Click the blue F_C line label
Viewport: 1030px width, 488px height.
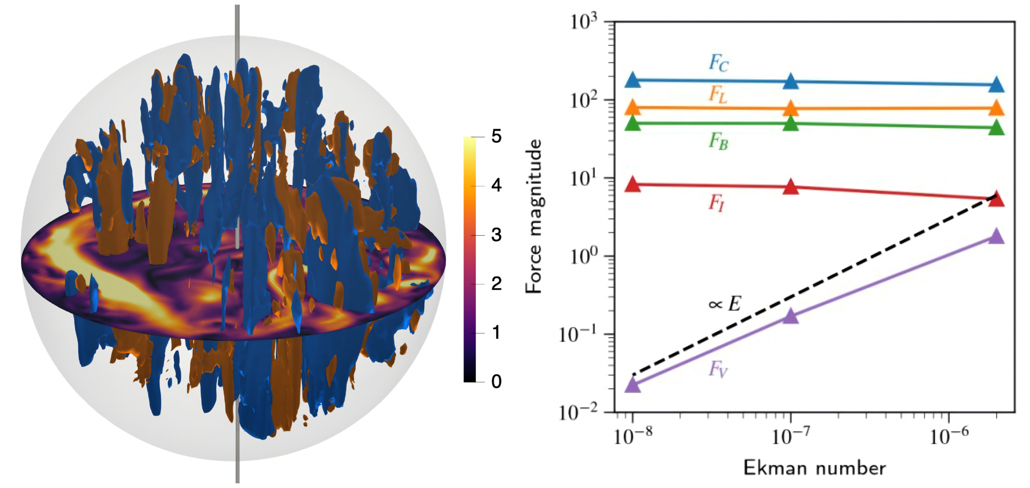(x=719, y=63)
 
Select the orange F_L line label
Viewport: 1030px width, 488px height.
(x=718, y=94)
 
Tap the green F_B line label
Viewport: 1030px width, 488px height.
(x=718, y=141)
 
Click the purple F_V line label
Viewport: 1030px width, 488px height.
(x=718, y=369)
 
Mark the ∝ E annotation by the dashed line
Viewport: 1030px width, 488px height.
(x=724, y=304)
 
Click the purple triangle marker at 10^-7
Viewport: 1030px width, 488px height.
(x=791, y=316)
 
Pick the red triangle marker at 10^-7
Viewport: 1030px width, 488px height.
(x=791, y=187)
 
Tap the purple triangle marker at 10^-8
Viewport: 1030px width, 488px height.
(x=633, y=385)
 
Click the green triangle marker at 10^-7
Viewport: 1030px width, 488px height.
(x=791, y=123)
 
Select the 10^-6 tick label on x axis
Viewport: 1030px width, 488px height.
(x=949, y=436)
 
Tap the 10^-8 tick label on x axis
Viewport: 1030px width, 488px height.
(x=633, y=436)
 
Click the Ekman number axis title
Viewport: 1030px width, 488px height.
(x=814, y=468)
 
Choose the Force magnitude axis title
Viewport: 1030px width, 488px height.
(x=534, y=216)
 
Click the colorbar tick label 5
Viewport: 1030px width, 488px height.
(x=496, y=136)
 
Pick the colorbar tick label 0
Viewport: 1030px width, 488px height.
(x=496, y=382)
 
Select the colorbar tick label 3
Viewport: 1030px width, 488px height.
(x=496, y=235)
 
